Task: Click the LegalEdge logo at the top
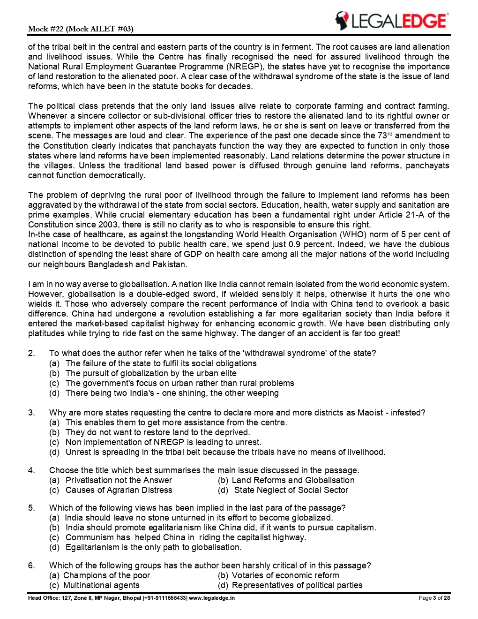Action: pos(391,21)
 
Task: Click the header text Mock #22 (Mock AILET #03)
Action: pos(81,29)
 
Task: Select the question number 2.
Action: pos(31,353)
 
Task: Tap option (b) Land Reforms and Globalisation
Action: pos(286,480)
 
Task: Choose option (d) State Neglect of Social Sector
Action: pos(283,490)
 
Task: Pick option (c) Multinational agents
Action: pos(94,585)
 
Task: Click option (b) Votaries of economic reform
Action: pos(278,575)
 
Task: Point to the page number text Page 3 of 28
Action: pos(434,598)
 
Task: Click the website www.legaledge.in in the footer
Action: pos(212,598)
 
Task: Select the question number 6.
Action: pos(31,566)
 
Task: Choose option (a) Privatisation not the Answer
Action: pos(111,480)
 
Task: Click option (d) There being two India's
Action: pos(164,393)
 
